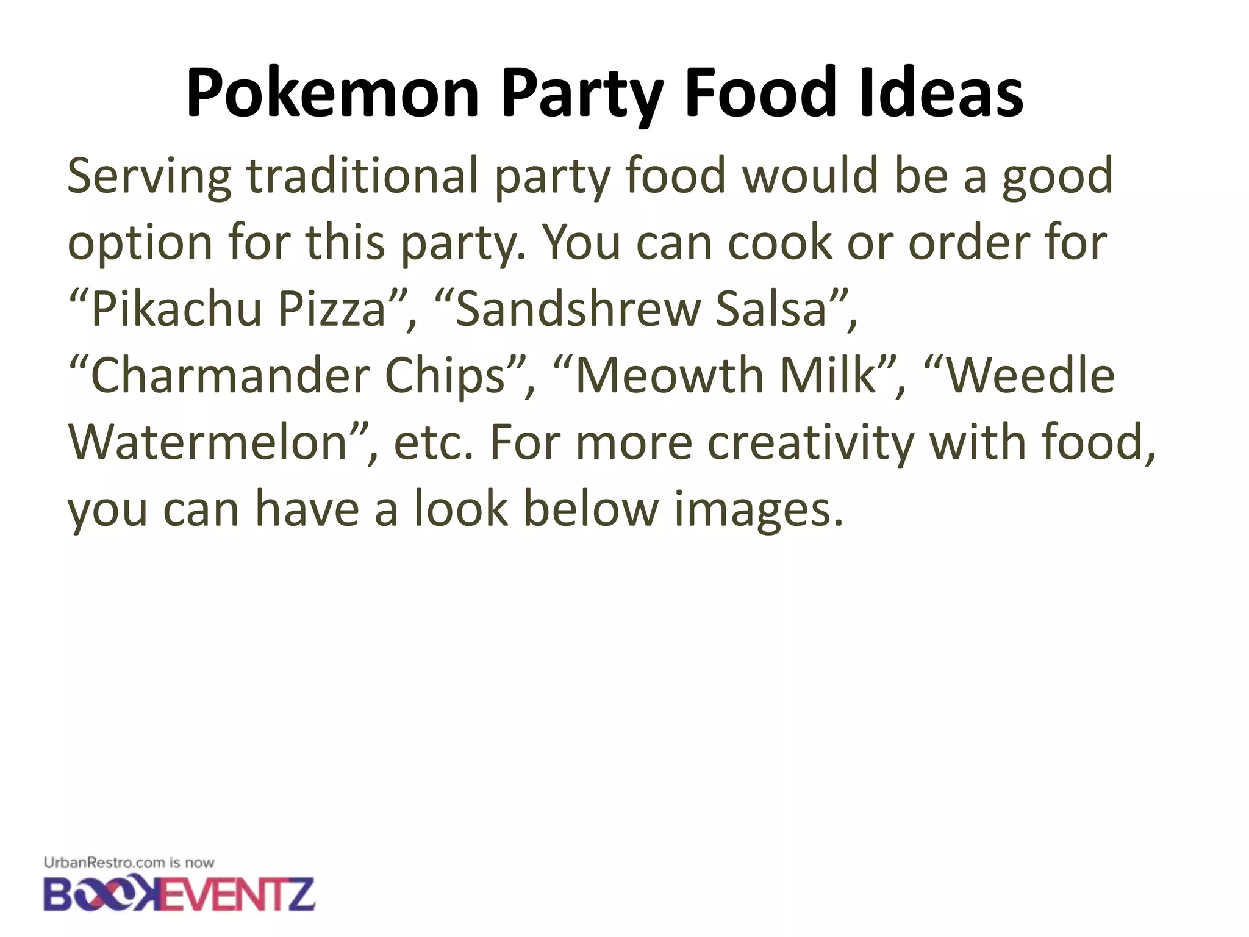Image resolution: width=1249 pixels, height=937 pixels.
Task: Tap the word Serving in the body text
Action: (149, 176)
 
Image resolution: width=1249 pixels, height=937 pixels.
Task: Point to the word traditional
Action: (362, 176)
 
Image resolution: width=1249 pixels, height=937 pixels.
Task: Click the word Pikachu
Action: (177, 309)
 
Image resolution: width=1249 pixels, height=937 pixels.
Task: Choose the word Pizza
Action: (332, 309)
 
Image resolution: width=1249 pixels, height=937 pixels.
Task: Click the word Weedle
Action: (1031, 376)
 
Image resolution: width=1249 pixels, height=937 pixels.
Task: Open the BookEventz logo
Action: (179, 894)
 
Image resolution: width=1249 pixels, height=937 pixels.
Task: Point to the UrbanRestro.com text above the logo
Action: (104, 863)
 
